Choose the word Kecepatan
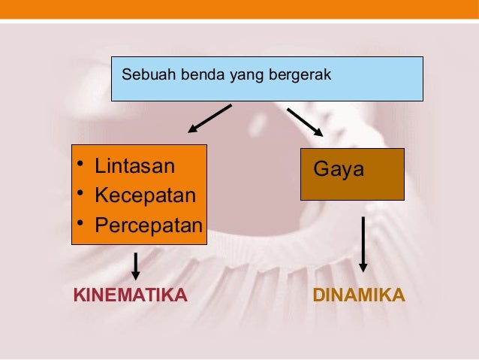(x=145, y=195)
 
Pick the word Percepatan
(x=149, y=225)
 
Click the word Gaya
(x=339, y=169)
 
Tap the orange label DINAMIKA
(x=358, y=294)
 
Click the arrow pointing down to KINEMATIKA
(x=136, y=265)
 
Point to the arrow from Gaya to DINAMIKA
(x=363, y=244)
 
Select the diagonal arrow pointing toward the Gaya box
(x=305, y=122)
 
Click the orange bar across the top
(x=239, y=10)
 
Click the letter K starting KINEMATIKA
(x=78, y=294)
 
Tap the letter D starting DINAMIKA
(x=318, y=294)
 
